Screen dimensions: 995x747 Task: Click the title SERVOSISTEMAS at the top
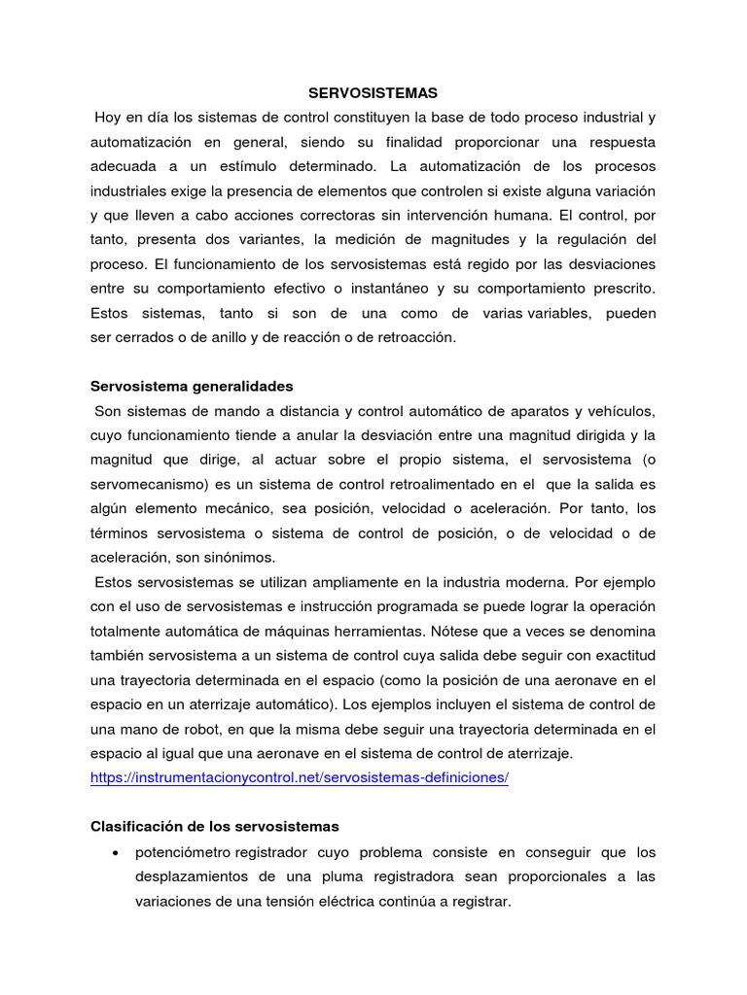[373, 93]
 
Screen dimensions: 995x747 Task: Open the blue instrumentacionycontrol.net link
[300, 777]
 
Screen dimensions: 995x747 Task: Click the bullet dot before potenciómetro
[117, 852]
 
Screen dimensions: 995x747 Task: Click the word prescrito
[623, 289]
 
